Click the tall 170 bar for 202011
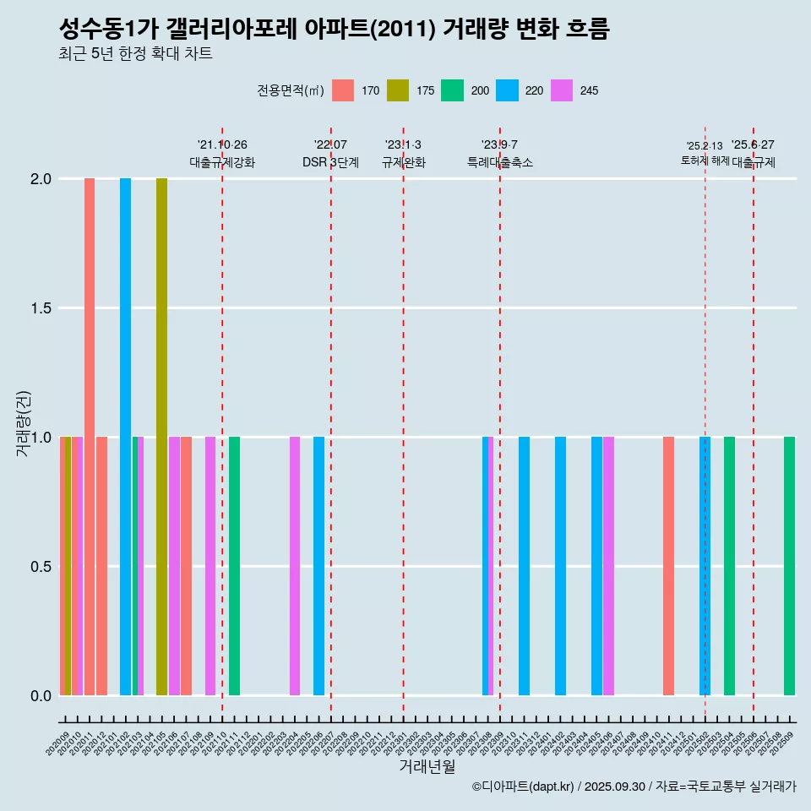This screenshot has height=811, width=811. click(90, 437)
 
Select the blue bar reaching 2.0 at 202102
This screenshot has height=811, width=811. click(125, 437)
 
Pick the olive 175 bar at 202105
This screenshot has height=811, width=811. click(161, 437)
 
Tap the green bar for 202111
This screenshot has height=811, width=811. click(234, 566)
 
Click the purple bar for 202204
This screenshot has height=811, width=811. click(295, 566)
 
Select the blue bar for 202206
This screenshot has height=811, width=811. click(318, 566)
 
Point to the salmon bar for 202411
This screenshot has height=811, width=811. click(668, 566)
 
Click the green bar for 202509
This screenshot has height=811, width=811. click(789, 566)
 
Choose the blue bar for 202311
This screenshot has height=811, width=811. click(524, 566)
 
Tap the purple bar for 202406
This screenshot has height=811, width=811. click(608, 566)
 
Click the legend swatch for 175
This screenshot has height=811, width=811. click(398, 90)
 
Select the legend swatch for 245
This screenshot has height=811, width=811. click(561, 90)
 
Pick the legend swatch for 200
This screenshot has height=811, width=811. click(452, 90)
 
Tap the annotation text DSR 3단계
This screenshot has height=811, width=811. click(330, 162)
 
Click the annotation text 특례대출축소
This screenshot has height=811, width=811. click(500, 162)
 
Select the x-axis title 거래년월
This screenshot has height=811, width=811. click(427, 767)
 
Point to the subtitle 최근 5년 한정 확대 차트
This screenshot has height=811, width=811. click(135, 54)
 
